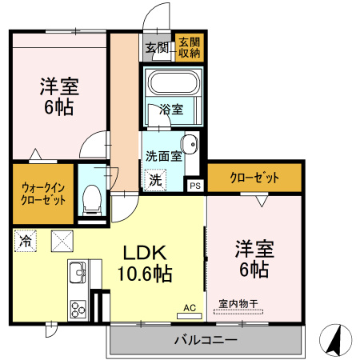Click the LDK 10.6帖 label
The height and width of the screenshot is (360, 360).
pyautogui.click(x=146, y=262)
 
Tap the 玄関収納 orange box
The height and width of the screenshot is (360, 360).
pyautogui.click(x=190, y=48)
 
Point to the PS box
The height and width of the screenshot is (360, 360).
pyautogui.click(x=195, y=185)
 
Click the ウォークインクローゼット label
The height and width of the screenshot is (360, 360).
pyautogui.click(x=43, y=191)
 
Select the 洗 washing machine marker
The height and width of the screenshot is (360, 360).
pyautogui.click(x=155, y=181)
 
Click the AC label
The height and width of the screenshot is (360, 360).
pyautogui.click(x=190, y=307)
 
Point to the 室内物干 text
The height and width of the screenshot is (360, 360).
pyautogui.click(x=238, y=304)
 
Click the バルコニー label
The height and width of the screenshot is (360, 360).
pyautogui.click(x=206, y=341)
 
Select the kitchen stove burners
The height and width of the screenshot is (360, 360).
pyautogui.click(x=78, y=307)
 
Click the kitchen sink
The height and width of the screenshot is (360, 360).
pyautogui.click(x=78, y=273)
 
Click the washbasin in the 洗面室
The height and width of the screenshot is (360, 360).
pyautogui.click(x=190, y=144)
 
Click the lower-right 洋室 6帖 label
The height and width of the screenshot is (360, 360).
pyautogui.click(x=254, y=258)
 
